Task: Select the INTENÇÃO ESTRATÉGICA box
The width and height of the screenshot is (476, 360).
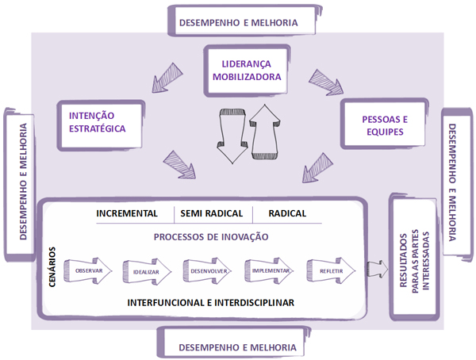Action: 94,121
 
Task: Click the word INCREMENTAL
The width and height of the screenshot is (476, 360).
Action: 127,214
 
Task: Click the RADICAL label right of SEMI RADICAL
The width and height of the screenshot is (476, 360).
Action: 287,214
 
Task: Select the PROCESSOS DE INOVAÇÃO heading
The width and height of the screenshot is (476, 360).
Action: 209,237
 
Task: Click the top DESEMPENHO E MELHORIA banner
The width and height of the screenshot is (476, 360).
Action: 239,21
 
